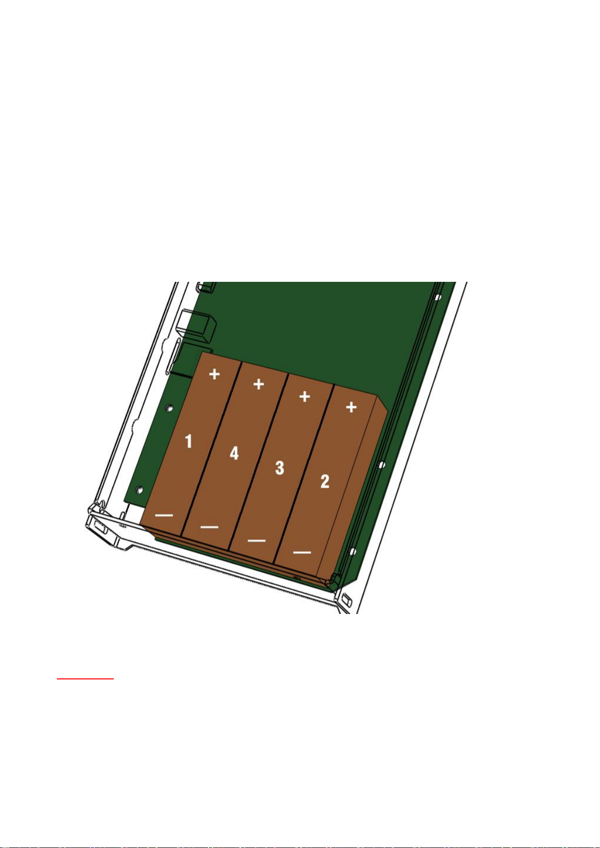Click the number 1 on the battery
189,441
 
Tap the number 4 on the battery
235,453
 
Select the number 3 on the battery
280,468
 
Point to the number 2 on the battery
325,481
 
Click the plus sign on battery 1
214,374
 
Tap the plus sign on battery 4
259,384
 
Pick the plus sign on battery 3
305,397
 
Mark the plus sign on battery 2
351,407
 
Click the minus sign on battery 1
164,515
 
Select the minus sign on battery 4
209,526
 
